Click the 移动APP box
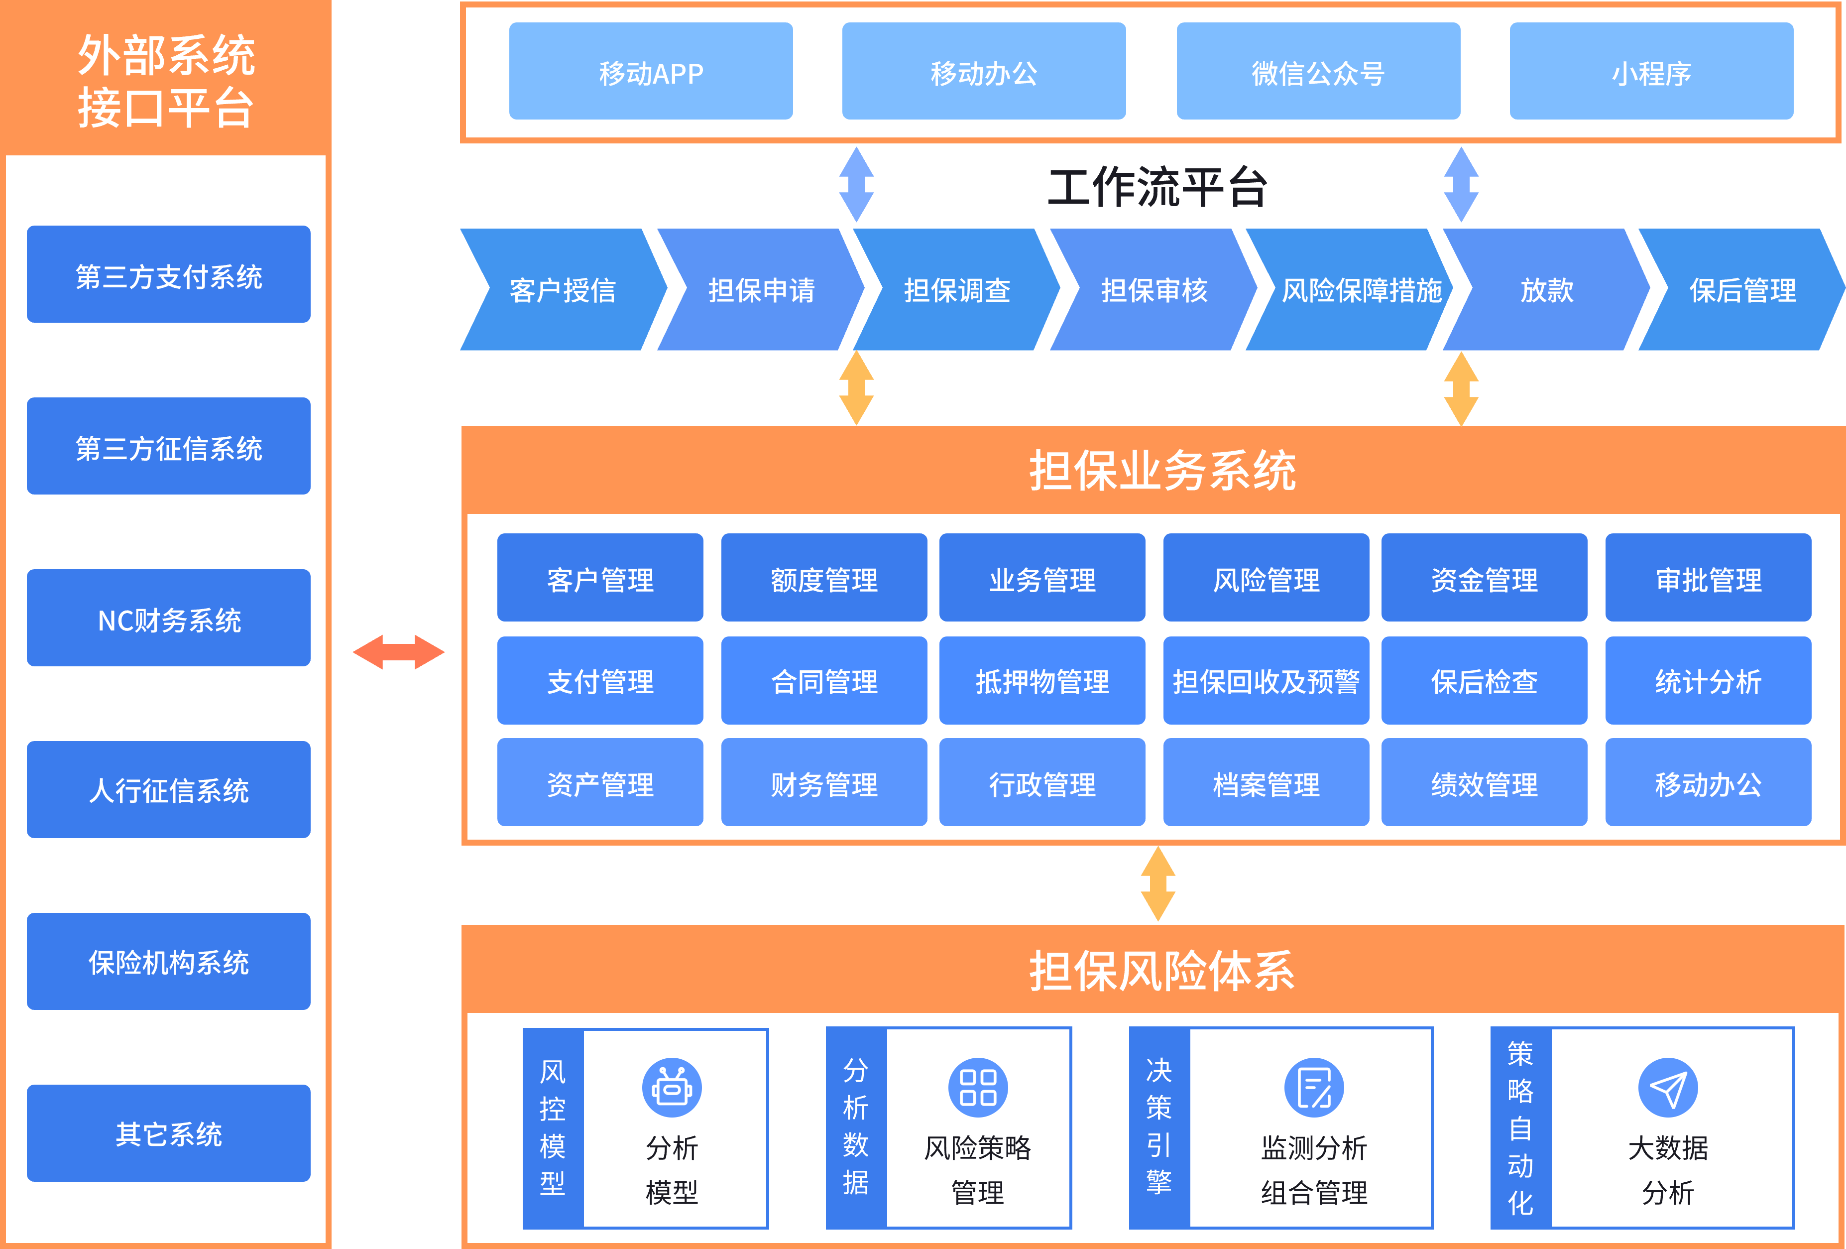point(651,72)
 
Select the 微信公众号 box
point(1318,72)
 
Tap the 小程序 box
point(1651,72)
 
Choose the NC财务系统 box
point(168,618)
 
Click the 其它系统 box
point(168,1133)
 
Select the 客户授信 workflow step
point(563,290)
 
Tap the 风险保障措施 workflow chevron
point(1360,290)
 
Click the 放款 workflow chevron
point(1546,290)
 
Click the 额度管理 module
point(824,578)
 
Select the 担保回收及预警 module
point(1266,681)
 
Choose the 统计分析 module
point(1708,681)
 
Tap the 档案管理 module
point(1266,783)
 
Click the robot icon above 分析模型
point(672,1087)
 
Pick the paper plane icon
point(1667,1087)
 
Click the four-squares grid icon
point(978,1087)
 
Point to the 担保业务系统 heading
point(1162,470)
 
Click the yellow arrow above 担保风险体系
point(1158,883)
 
